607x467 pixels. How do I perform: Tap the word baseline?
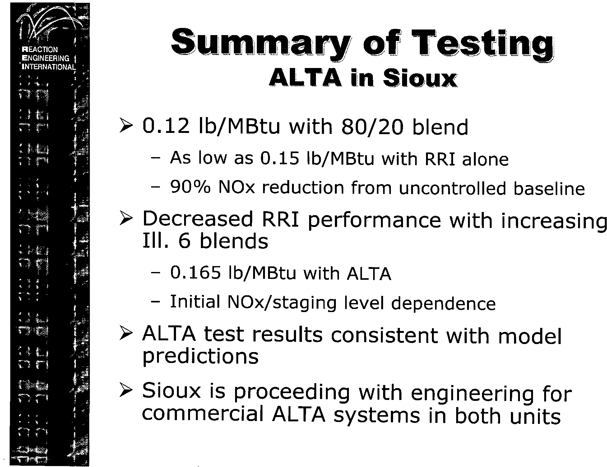(x=549, y=188)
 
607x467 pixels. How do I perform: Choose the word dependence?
(x=443, y=303)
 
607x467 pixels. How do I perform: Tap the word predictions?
(x=201, y=356)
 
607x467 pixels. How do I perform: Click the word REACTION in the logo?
(x=40, y=50)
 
